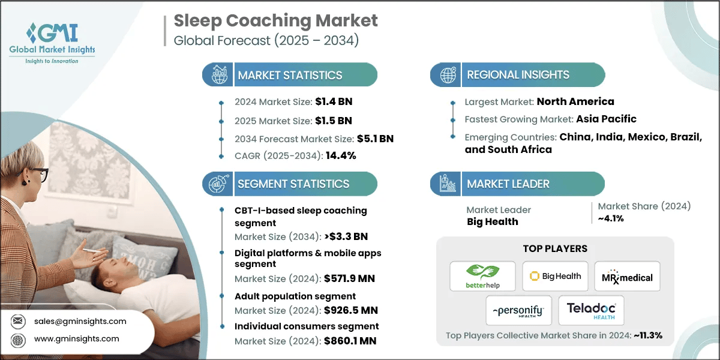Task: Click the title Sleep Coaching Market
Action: tap(276, 21)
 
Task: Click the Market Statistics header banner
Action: tap(290, 75)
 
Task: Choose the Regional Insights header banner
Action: tap(517, 75)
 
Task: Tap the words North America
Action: tap(575, 101)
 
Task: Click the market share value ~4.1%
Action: tap(611, 218)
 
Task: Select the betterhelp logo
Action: tap(482, 277)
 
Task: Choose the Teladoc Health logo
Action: tap(591, 310)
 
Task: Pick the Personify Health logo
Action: tap(516, 310)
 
